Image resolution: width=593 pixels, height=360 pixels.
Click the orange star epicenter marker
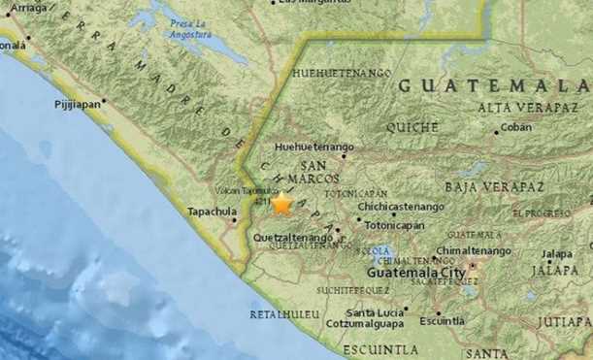pyautogui.click(x=281, y=204)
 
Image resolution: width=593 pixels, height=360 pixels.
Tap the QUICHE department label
pyautogui.click(x=412, y=127)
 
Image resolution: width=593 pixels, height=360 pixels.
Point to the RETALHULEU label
pyautogui.click(x=284, y=315)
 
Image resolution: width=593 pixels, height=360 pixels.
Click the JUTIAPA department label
pyautogui.click(x=568, y=320)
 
